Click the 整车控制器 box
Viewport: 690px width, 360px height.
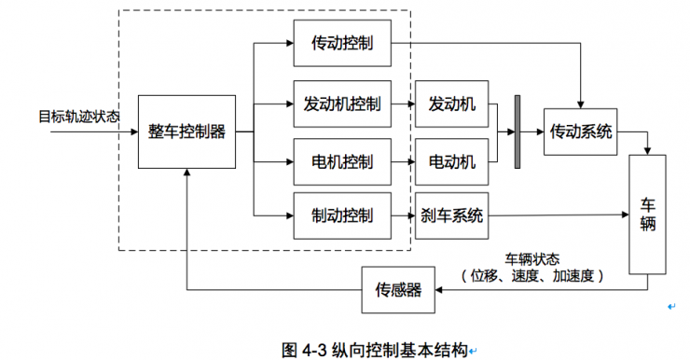[186, 132]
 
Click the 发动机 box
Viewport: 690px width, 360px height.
[451, 104]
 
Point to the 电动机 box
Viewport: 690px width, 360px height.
[451, 161]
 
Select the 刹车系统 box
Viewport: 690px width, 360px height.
[451, 215]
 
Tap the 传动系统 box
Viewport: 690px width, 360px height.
[582, 132]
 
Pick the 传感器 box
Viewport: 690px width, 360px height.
[397, 290]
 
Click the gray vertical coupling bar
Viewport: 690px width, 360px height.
[517, 132]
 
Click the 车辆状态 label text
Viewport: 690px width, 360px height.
[532, 258]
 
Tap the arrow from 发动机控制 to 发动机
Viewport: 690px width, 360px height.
[403, 104]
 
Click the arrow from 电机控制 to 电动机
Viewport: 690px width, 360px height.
[403, 161]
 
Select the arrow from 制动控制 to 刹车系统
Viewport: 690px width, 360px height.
[403, 215]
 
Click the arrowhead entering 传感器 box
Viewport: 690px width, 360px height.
[440, 290]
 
